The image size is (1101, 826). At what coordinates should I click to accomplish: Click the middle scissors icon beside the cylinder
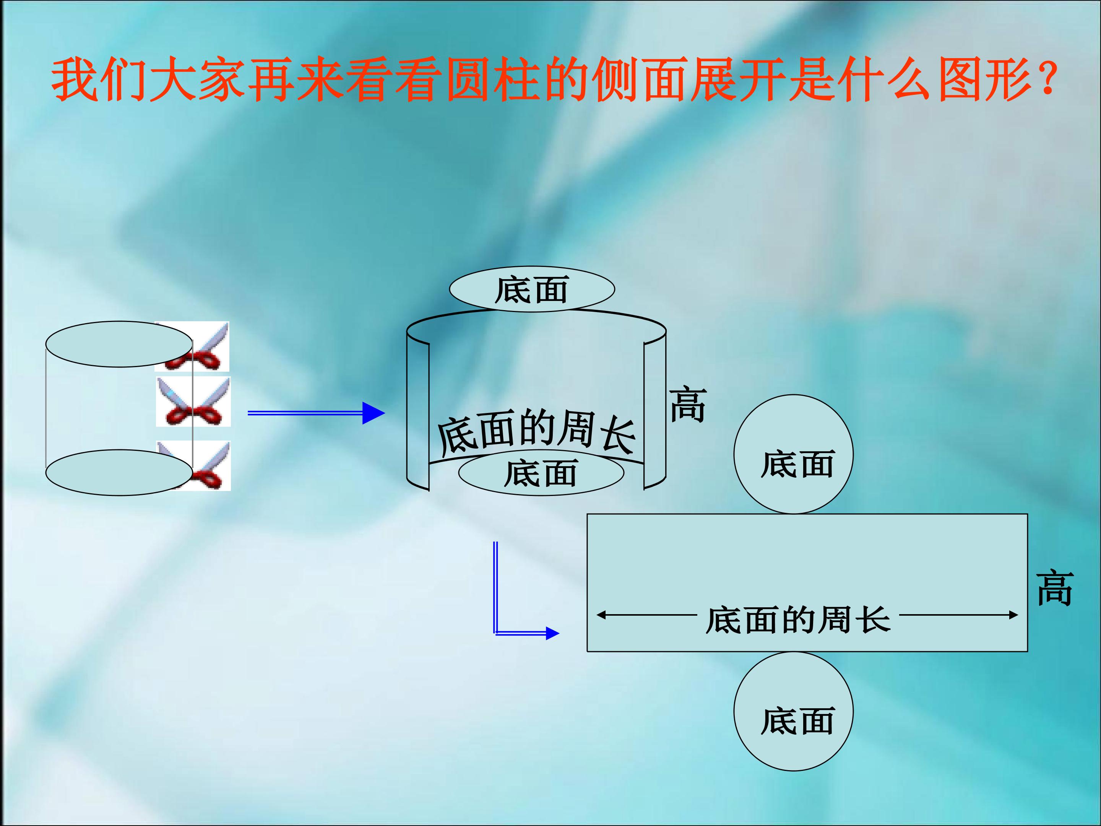pyautogui.click(x=193, y=401)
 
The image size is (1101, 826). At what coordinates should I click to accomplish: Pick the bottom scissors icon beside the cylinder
pyautogui.click(x=193, y=465)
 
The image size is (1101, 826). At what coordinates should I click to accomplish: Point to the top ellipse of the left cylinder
pyautogui.click(x=119, y=344)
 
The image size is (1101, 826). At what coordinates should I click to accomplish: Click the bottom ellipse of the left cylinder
pyautogui.click(x=119, y=473)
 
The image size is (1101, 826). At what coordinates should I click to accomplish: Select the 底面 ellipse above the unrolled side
pyautogui.click(x=532, y=289)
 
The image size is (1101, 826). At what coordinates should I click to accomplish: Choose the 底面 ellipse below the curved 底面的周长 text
pyautogui.click(x=541, y=473)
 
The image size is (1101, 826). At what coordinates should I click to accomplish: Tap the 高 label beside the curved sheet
pyautogui.click(x=688, y=404)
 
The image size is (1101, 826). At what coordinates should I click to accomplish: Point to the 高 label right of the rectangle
pyautogui.click(x=1055, y=588)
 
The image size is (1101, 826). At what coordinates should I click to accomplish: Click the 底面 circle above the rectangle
pyautogui.click(x=793, y=454)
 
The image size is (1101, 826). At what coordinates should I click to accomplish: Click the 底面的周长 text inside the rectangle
pyautogui.click(x=798, y=620)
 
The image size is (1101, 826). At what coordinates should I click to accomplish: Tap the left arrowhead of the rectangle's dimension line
pyautogui.click(x=601, y=615)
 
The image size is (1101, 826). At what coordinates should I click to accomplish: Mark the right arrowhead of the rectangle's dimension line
pyautogui.click(x=1013, y=615)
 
